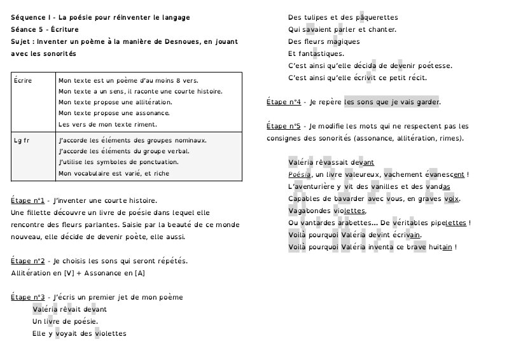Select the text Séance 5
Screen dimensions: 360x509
coord(27,29)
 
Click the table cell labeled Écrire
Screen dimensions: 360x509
coord(23,81)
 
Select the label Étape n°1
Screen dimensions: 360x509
coord(27,200)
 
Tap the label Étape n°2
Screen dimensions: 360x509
coord(27,261)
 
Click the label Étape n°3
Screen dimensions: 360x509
coord(27,297)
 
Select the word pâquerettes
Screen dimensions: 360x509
coord(375,17)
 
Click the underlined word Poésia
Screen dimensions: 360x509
coord(299,174)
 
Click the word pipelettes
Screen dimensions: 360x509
coord(447,223)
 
